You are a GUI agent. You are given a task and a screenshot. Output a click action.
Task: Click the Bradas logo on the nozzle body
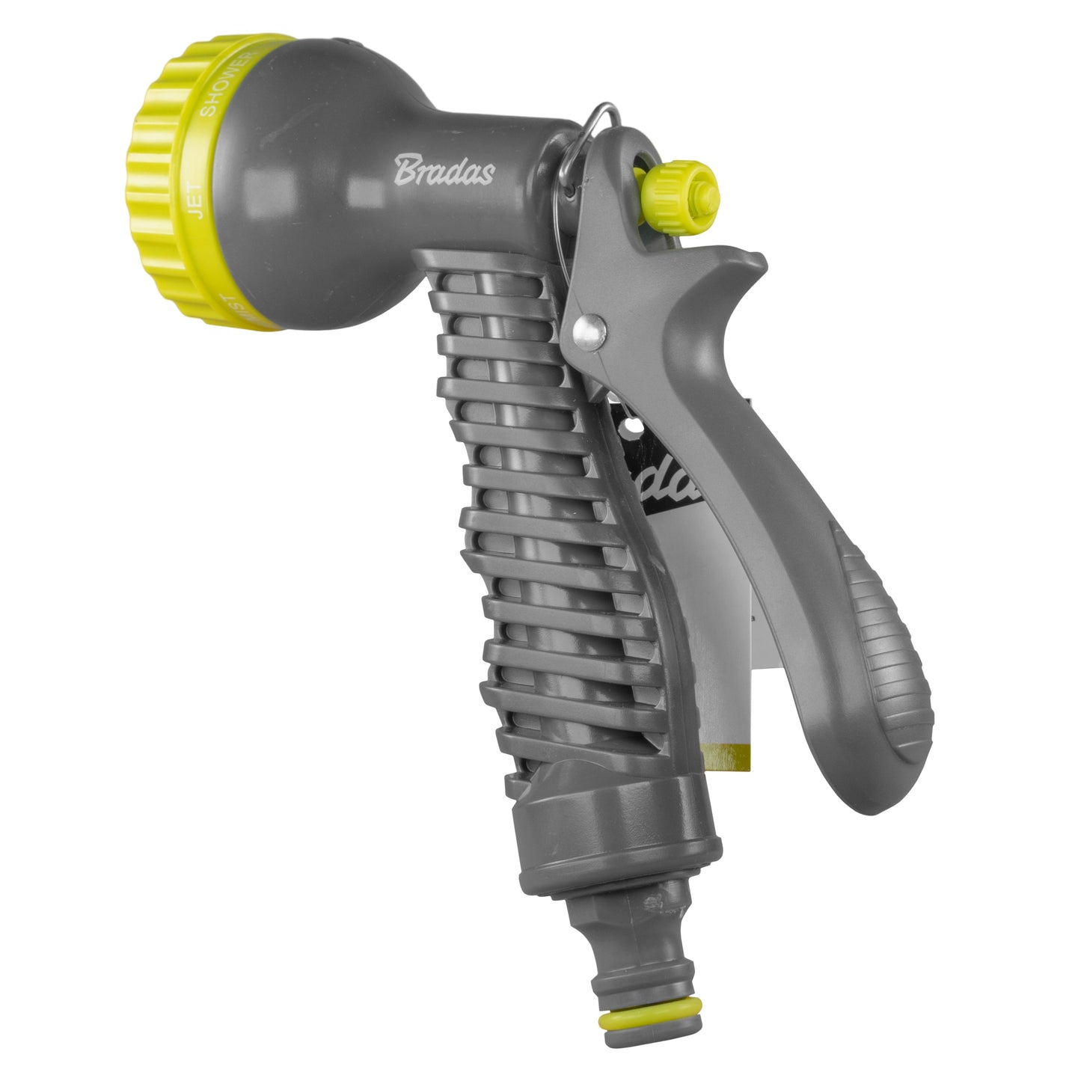pos(444,170)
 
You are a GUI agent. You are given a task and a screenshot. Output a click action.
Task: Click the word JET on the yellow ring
pos(200,202)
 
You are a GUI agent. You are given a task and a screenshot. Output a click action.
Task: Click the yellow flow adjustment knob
pos(683,191)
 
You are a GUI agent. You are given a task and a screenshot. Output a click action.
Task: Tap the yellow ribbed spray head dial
pos(161,180)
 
